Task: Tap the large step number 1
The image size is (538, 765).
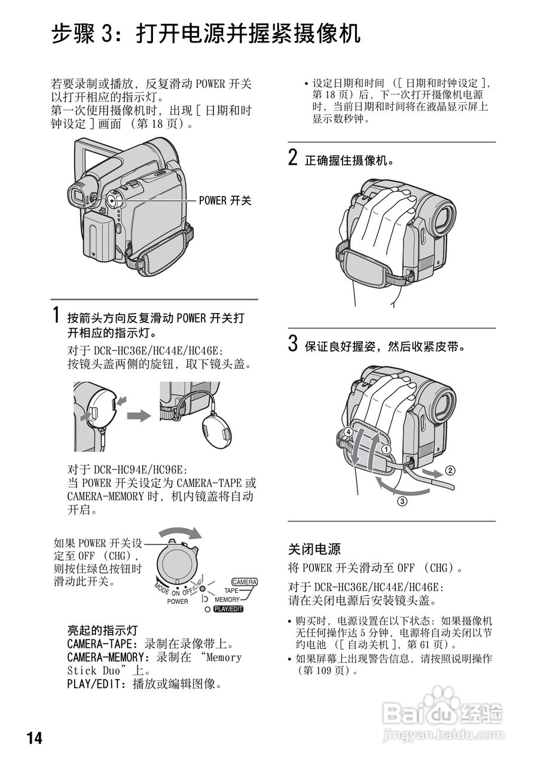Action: [x=56, y=314]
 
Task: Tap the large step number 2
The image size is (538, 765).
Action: [x=293, y=158]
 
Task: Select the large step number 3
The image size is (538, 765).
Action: [x=293, y=344]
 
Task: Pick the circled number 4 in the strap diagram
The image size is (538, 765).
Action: [x=348, y=432]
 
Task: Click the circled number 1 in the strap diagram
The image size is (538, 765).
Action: [x=387, y=449]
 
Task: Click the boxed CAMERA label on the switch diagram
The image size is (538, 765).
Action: [x=244, y=582]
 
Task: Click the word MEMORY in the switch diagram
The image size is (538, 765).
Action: [x=227, y=599]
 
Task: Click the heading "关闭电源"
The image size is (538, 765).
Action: [x=314, y=548]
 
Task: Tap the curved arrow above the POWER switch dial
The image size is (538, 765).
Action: [x=182, y=533]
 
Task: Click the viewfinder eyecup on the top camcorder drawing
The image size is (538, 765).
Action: [x=79, y=195]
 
